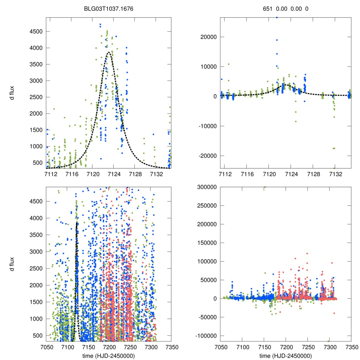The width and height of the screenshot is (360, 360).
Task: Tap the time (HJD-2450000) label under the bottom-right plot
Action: pos(285,355)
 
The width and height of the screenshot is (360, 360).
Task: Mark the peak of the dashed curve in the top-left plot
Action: pos(109,52)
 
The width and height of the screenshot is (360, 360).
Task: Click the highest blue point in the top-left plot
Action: pos(100,25)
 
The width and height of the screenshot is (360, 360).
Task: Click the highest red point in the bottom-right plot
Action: pos(307,253)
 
